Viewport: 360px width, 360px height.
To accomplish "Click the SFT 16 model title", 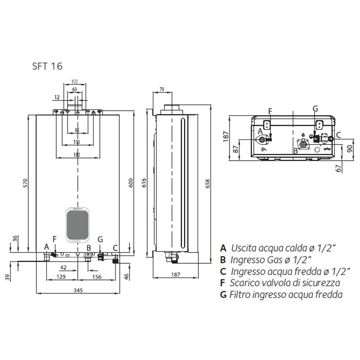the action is (47, 66).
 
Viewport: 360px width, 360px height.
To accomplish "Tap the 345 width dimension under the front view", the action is (78, 290).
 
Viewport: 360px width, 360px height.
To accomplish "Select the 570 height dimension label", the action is (25, 183).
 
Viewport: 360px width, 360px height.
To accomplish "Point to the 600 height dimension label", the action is (130, 183).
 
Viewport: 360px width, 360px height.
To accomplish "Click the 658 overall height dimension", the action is (207, 184).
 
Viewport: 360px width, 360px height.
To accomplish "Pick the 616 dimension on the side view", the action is (144, 183).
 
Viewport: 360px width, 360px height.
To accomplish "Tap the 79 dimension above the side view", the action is (162, 89).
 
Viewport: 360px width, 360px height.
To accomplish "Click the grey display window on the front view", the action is (77, 225).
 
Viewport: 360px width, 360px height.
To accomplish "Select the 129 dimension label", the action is (61, 277).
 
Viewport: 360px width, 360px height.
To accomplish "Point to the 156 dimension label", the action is (97, 277).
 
